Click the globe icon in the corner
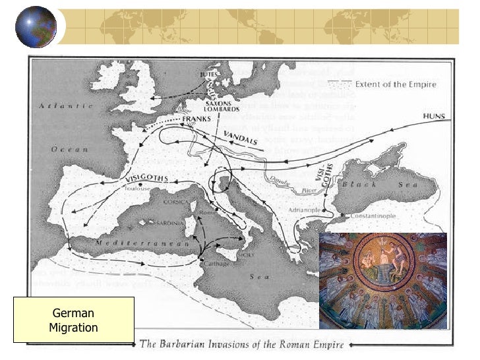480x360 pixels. tap(36, 26)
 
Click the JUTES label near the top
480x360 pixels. tap(208, 76)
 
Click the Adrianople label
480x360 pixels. tap(304, 210)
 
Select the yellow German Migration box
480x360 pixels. tap(74, 320)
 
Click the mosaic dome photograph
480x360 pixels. tap(382, 280)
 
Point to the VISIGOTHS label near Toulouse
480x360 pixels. tap(146, 179)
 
